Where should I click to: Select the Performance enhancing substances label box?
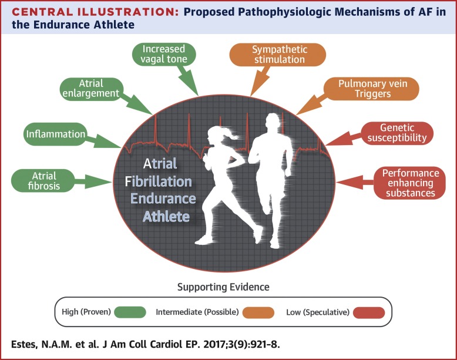pyautogui.click(x=410, y=183)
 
